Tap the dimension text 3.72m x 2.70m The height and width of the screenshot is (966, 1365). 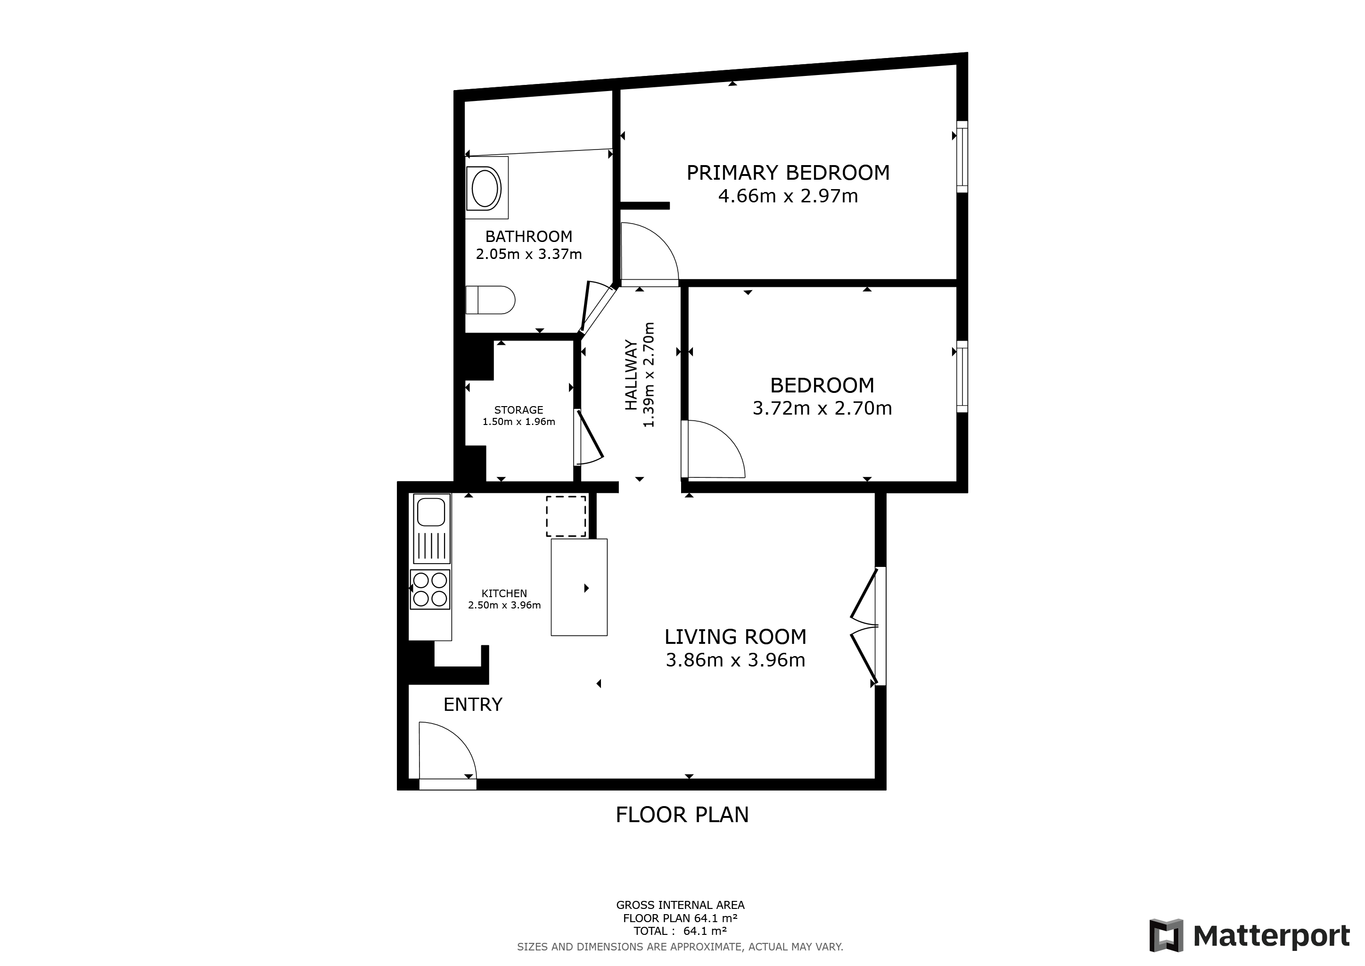[822, 408]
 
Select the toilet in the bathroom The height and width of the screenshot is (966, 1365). [490, 300]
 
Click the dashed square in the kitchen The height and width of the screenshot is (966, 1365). [566, 516]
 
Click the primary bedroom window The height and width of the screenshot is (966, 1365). [962, 157]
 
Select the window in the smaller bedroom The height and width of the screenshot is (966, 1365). [962, 376]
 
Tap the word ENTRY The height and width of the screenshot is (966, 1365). [473, 705]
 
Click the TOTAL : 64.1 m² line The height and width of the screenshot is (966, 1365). [680, 931]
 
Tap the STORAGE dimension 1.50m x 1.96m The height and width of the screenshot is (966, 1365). [518, 422]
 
